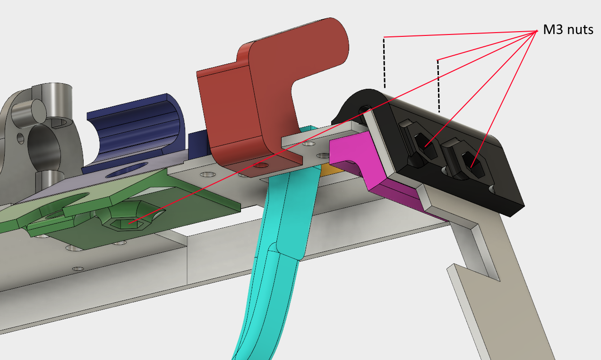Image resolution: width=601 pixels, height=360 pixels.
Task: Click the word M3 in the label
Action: [553, 29]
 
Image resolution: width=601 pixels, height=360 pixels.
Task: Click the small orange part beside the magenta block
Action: [331, 170]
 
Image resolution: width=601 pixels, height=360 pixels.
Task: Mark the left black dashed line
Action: [384, 63]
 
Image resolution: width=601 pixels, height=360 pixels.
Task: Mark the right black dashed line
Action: [438, 86]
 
